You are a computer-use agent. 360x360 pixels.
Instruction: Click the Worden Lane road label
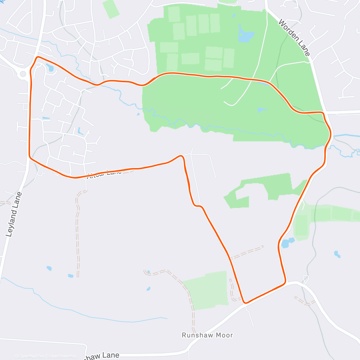coord(294,38)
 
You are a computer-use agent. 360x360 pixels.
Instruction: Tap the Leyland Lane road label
coord(14,214)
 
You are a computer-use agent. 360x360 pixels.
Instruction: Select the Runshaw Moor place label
coord(207,335)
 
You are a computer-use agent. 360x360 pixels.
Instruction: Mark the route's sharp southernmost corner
coord(245,303)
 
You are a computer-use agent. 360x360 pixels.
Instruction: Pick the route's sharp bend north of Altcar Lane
coord(181,156)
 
